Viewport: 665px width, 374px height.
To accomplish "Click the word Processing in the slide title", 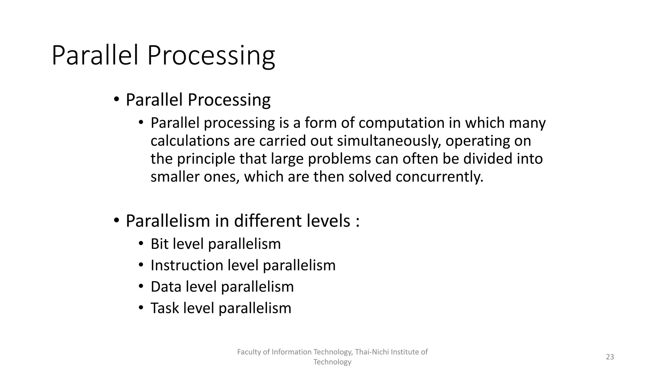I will (211, 56).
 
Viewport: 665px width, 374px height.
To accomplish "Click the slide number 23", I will (610, 357).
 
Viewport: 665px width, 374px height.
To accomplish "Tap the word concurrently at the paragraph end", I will (439, 177).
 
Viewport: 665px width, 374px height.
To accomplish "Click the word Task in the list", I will (164, 308).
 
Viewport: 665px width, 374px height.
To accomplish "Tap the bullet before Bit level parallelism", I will (141, 244).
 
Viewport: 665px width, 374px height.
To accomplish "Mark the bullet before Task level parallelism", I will (141, 308).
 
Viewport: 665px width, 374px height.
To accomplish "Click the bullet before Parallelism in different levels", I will (117, 221).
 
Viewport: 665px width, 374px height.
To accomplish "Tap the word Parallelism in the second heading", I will (168, 221).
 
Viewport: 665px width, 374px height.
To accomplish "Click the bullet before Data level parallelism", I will (141, 287).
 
